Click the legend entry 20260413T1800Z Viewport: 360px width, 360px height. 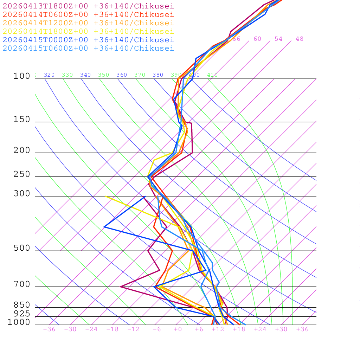click(x=88, y=6)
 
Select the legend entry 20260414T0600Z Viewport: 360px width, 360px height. click(x=88, y=14)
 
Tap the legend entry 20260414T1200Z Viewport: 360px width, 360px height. click(x=88, y=23)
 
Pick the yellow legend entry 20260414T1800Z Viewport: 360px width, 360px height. click(x=88, y=31)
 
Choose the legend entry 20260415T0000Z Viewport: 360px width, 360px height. click(x=88, y=40)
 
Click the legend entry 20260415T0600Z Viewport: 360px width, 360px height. click(x=88, y=48)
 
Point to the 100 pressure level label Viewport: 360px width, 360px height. click(x=22, y=76)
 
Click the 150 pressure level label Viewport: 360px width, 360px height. click(x=22, y=120)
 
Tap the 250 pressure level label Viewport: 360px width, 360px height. click(x=22, y=174)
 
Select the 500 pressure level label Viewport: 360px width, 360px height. click(x=22, y=248)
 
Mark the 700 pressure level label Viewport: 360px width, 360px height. click(x=22, y=284)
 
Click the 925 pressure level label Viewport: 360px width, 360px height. click(x=22, y=314)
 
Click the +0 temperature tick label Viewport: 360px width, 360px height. click(x=178, y=329)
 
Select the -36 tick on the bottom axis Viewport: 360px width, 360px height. click(x=49, y=329)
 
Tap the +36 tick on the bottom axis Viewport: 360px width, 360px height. click(x=302, y=329)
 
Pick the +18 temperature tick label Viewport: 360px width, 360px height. click(x=239, y=329)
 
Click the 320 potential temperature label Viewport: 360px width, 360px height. click(x=49, y=75)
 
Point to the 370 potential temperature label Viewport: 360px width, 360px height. click(x=140, y=75)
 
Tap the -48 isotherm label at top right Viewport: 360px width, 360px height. click(x=297, y=39)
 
